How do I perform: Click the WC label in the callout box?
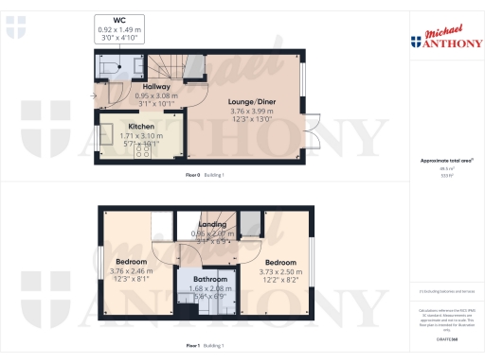(x=119, y=20)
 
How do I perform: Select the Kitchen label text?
(x=116, y=126)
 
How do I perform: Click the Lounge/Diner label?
(x=251, y=101)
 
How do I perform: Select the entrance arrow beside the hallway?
(x=93, y=95)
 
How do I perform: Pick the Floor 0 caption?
(x=194, y=177)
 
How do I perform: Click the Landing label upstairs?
(x=211, y=224)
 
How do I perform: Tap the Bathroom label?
(x=210, y=279)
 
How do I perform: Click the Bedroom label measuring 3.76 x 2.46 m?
(x=132, y=261)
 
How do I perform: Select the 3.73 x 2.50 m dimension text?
(x=280, y=270)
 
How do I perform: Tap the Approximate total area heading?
(x=445, y=161)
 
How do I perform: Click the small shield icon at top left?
(x=14, y=29)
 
